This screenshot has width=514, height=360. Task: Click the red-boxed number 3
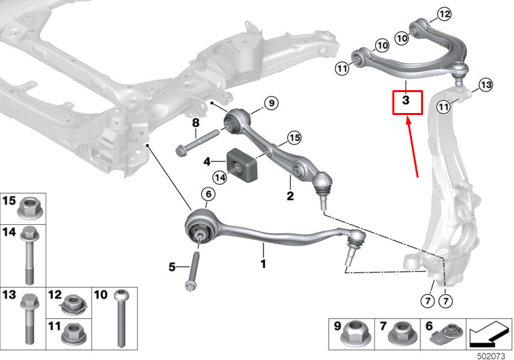pyautogui.click(x=407, y=102)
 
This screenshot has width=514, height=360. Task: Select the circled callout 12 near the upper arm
pyautogui.click(x=444, y=14)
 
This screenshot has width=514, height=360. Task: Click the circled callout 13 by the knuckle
pyautogui.click(x=485, y=84)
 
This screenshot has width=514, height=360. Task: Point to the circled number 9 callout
pyautogui.click(x=271, y=103)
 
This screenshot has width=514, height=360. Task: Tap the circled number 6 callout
pyautogui.click(x=207, y=195)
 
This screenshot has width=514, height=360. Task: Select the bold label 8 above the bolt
pyautogui.click(x=195, y=123)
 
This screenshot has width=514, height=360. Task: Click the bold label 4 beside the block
pyautogui.click(x=207, y=161)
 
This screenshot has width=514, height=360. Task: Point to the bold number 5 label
pyautogui.click(x=172, y=267)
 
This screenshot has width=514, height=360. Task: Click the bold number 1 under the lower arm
pyautogui.click(x=263, y=264)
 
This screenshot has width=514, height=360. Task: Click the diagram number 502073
pyautogui.click(x=490, y=355)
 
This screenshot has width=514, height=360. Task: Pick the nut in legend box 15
pyautogui.click(x=29, y=208)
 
